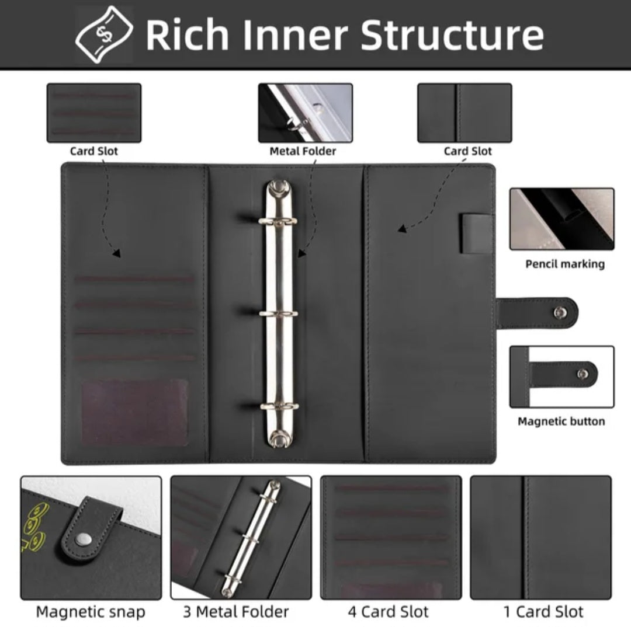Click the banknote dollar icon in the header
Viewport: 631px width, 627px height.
[x=104, y=34]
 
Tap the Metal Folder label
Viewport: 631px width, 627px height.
[x=303, y=151]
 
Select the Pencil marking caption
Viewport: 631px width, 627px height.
[x=565, y=264]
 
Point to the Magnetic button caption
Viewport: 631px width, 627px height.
[x=561, y=421]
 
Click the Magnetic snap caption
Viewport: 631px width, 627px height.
[x=91, y=612]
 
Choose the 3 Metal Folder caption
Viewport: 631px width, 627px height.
[x=236, y=612]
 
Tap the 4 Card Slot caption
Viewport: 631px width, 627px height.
[x=389, y=612]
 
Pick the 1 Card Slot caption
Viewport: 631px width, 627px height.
[x=543, y=612]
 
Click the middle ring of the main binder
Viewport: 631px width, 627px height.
[x=279, y=313]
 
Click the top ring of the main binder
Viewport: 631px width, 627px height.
[x=278, y=221]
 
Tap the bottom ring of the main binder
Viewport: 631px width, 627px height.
[x=279, y=406]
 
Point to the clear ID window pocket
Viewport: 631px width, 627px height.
[x=135, y=412]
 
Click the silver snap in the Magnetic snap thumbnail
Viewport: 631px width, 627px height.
[x=84, y=539]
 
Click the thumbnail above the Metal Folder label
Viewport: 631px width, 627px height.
[x=306, y=113]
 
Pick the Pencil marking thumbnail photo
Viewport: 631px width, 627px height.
[x=562, y=219]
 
